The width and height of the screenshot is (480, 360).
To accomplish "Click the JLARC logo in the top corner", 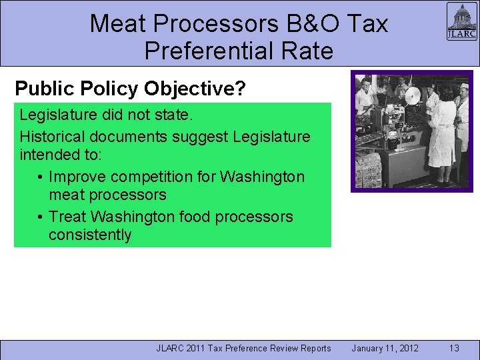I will [x=461, y=22].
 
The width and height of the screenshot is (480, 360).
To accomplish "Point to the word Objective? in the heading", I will [x=211, y=88].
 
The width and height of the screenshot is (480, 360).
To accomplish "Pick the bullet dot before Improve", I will [x=41, y=177].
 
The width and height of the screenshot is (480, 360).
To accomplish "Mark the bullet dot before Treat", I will [x=41, y=217].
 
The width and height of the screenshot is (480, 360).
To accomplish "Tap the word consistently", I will [x=90, y=235].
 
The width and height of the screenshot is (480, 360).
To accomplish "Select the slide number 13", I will [x=454, y=348].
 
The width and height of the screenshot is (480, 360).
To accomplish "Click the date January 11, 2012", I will [x=385, y=348].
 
